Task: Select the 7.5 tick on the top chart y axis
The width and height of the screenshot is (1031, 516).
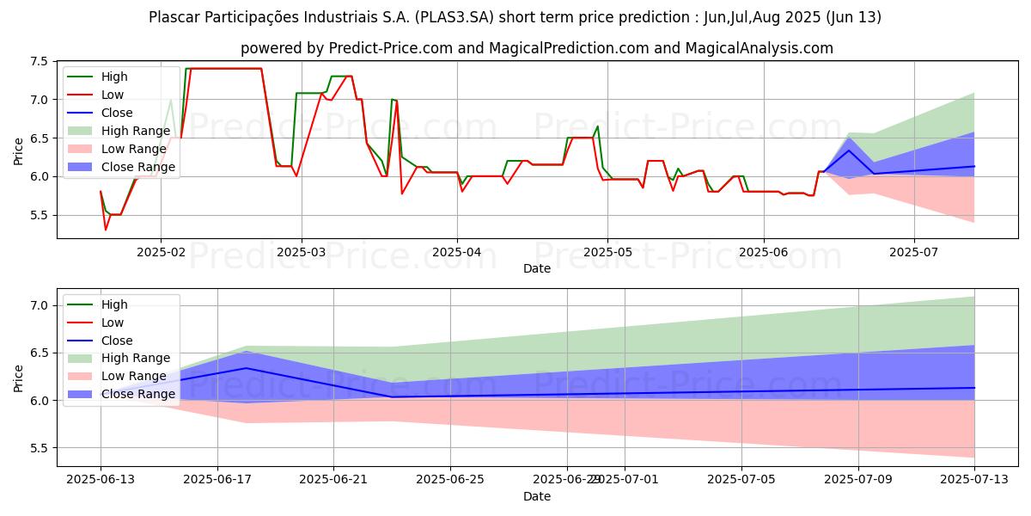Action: tap(38, 61)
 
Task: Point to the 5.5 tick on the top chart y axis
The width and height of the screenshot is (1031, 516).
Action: tap(38, 215)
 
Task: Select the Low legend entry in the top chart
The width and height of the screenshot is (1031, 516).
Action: tap(113, 95)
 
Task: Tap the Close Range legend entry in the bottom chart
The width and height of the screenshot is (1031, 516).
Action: tap(137, 394)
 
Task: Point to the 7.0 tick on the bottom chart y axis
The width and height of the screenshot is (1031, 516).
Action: tap(38, 306)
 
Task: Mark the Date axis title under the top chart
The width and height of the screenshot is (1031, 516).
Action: tap(537, 268)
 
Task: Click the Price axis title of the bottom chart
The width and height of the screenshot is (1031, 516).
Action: tap(18, 378)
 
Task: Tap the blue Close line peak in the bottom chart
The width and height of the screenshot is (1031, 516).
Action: tap(247, 368)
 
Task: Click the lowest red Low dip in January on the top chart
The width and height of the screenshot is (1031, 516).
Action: tap(106, 230)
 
